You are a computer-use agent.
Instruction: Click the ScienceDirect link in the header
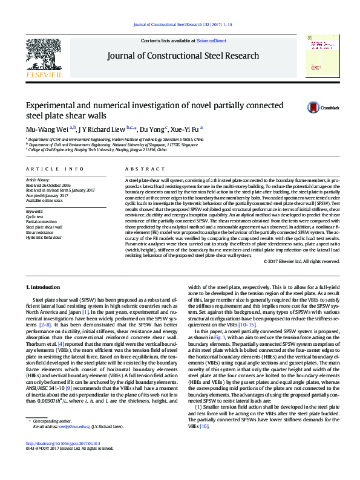point(211,41)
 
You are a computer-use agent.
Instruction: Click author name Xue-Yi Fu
point(185,129)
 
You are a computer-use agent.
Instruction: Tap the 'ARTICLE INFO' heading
point(54,169)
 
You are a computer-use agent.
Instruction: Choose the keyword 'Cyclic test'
point(34,216)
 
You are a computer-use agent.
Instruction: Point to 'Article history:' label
point(38,180)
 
